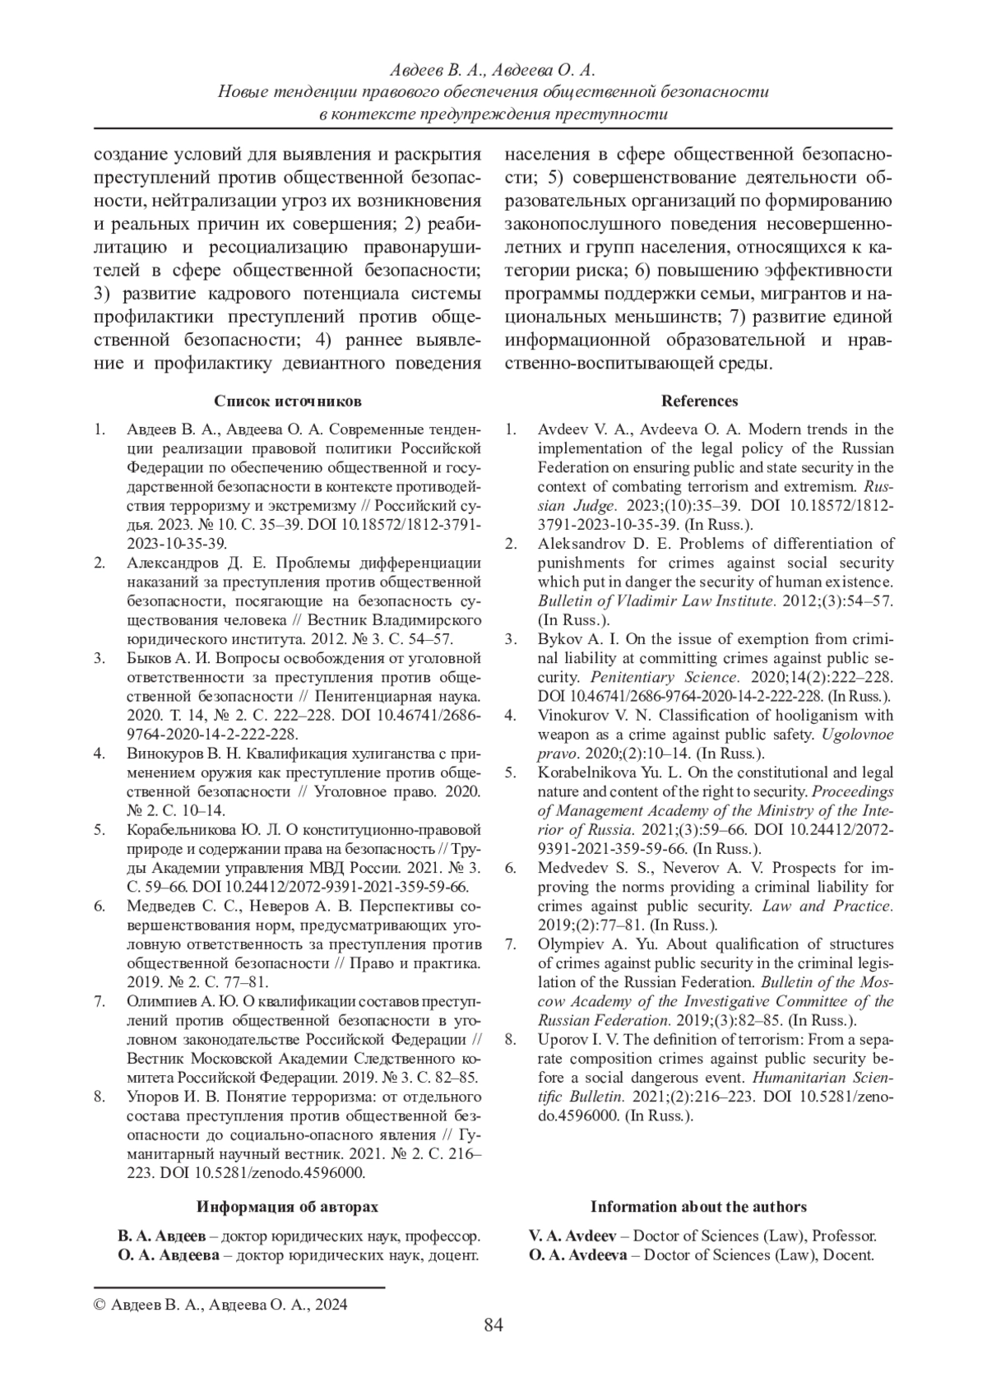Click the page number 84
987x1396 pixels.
click(493, 1325)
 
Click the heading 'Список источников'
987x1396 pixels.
click(287, 401)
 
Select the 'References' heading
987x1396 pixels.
click(699, 401)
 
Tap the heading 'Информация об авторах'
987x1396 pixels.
click(287, 1207)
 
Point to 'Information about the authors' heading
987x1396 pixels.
click(698, 1207)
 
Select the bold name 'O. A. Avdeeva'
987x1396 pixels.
click(577, 1255)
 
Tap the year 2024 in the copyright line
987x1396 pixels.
click(331, 1305)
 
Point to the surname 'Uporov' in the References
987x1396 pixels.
click(560, 1040)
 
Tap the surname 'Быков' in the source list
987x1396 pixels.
click(149, 658)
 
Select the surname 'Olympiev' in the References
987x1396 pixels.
click(569, 944)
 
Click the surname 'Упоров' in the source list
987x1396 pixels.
click(152, 1097)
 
